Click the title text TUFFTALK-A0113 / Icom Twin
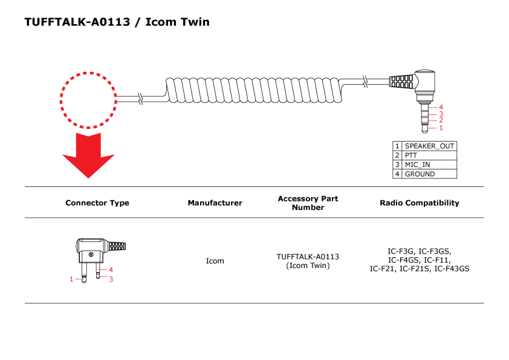click(x=117, y=22)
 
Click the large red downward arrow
click(x=88, y=155)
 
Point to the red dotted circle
click(x=88, y=100)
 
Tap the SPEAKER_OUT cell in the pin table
click(x=429, y=146)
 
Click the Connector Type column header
click(x=97, y=203)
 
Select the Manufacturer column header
click(x=215, y=203)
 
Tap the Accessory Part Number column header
click(x=308, y=203)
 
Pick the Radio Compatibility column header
click(x=419, y=203)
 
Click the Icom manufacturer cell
click(x=215, y=261)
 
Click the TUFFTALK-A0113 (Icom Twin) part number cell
click(x=308, y=261)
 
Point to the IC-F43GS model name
click(x=452, y=269)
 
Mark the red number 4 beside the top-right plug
click(x=441, y=108)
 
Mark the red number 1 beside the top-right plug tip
click(x=441, y=128)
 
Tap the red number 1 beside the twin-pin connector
click(x=71, y=279)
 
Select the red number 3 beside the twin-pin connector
click(x=111, y=279)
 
